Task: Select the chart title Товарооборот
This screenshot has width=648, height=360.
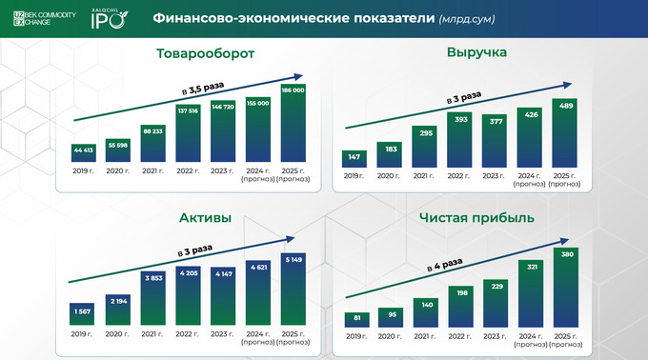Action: point(205,53)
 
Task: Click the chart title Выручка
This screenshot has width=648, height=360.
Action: point(476,52)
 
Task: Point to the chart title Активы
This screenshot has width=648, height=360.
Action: point(205,218)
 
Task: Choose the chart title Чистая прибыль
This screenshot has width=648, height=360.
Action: point(476,217)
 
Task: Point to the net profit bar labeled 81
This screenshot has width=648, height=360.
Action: point(357,319)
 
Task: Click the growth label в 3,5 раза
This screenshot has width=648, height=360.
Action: point(201,89)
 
